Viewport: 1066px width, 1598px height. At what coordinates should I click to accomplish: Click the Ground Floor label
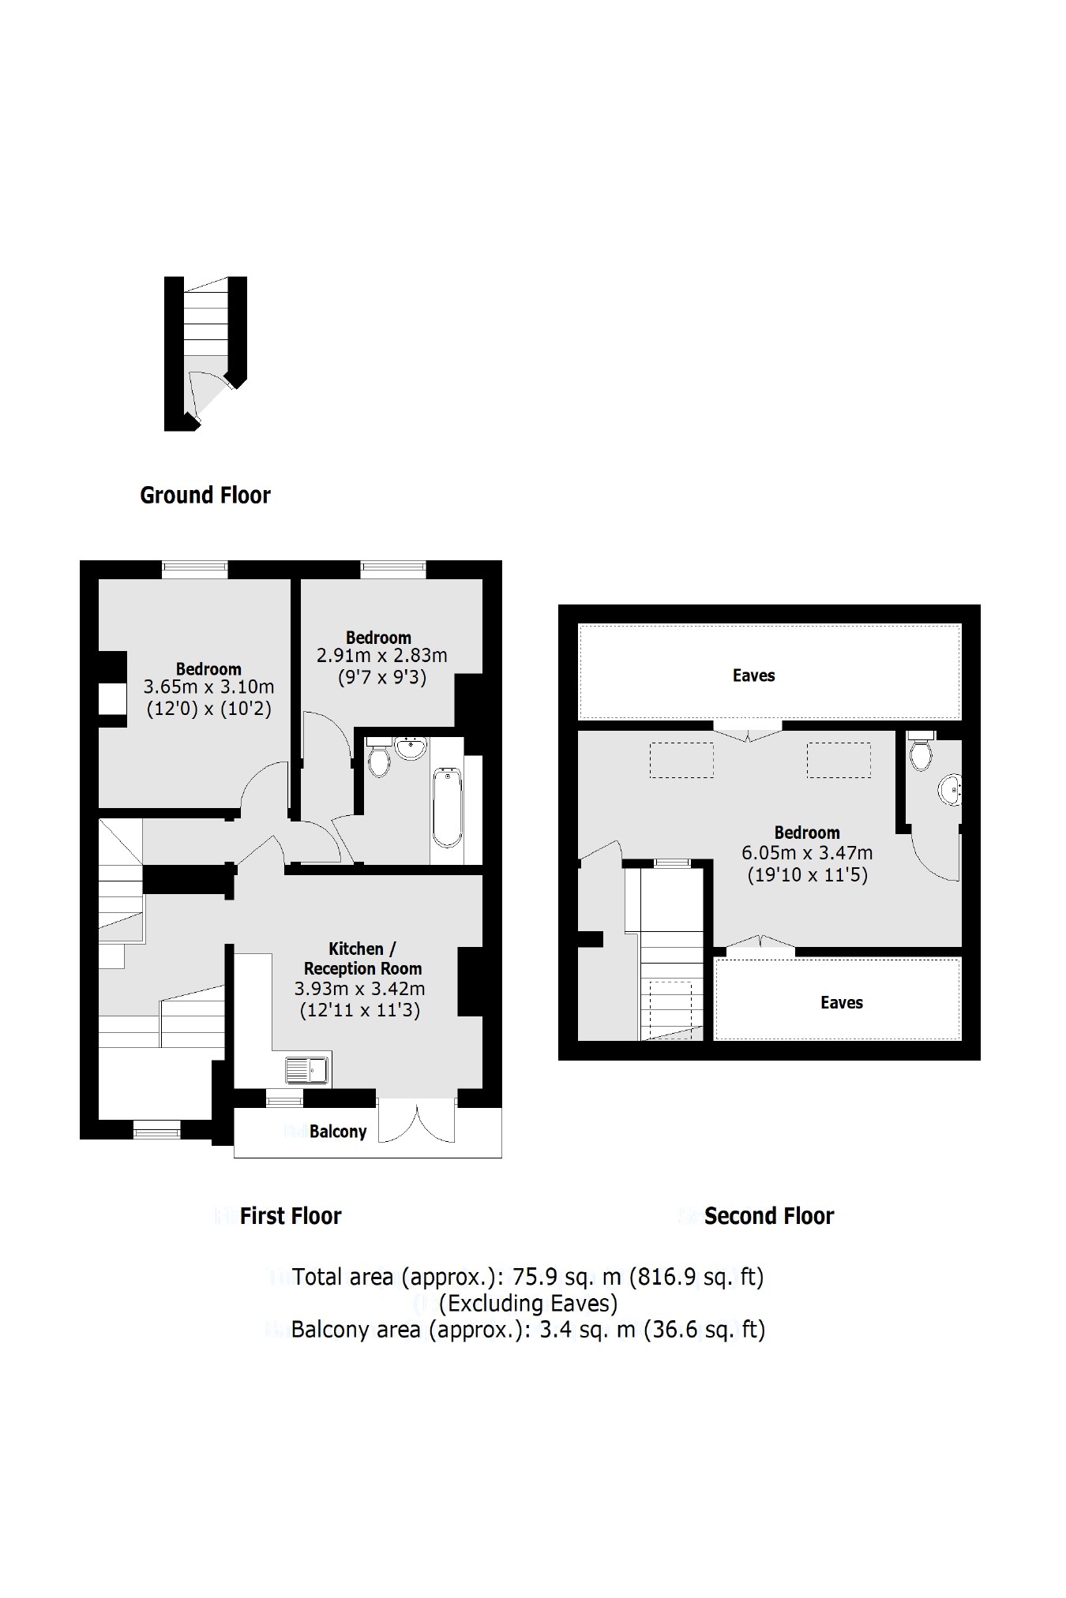(x=205, y=496)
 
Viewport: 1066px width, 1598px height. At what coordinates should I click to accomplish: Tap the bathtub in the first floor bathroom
(x=447, y=806)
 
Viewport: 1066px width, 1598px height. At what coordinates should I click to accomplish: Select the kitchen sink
(x=308, y=1070)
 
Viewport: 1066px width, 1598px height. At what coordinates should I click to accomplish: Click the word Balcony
(x=338, y=1132)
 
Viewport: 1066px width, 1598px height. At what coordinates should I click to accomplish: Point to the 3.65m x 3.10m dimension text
(x=208, y=687)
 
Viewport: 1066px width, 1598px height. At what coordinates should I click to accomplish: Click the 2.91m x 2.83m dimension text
(x=381, y=656)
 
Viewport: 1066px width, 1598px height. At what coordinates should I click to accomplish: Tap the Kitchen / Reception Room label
(x=362, y=959)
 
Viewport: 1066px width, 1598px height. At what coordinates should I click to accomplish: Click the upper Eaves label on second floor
(x=753, y=676)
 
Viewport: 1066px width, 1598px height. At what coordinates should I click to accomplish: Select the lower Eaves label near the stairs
(x=841, y=1003)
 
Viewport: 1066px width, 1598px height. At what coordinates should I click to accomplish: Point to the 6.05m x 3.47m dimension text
(x=806, y=853)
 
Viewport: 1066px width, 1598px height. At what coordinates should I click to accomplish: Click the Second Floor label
(x=768, y=1216)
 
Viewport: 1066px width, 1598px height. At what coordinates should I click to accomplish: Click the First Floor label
(x=290, y=1216)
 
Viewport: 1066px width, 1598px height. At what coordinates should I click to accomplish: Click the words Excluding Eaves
(x=527, y=1303)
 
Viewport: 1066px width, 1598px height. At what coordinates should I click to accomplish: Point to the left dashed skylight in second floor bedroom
(x=681, y=760)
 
